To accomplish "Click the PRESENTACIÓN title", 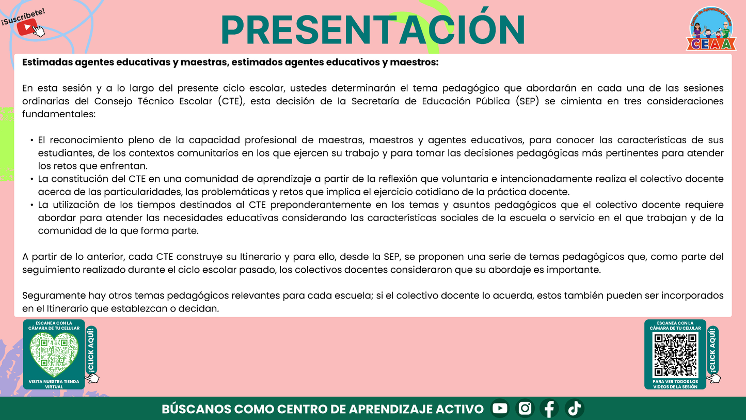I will coord(373,30).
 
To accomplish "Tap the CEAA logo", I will coord(711,30).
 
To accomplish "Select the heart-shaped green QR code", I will coord(54,354).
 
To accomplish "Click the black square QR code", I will coord(675,355).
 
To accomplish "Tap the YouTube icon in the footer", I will coord(500,409).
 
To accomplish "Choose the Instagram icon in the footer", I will coord(525,409).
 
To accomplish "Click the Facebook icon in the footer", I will coord(549,409).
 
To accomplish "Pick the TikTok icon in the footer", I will coord(574,409).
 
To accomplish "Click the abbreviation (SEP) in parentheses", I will coord(528,101).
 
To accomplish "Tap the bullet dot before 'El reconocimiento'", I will coord(32,141).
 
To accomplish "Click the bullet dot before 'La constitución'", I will coord(32,179).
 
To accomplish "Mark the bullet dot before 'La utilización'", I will coord(32,205).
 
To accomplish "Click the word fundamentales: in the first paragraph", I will coord(59,114).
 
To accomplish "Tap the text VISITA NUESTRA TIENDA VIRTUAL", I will coord(54,384).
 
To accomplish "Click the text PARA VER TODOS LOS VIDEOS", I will coord(675,384).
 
